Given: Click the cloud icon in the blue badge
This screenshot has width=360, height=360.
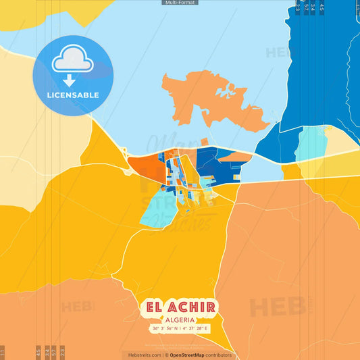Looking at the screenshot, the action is (72, 61).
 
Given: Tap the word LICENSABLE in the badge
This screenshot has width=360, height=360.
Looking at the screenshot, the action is (72, 95).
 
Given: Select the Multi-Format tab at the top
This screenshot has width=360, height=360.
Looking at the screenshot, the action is (180, 3).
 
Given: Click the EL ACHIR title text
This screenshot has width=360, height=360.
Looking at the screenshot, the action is (180, 308).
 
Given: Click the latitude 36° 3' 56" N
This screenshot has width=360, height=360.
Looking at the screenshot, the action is (165, 329).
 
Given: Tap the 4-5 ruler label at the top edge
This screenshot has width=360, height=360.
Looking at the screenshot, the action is (322, 7).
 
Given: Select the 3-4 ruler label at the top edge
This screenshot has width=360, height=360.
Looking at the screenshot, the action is (313, 7).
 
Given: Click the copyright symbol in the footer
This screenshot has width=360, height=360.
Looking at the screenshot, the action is (166, 355).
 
